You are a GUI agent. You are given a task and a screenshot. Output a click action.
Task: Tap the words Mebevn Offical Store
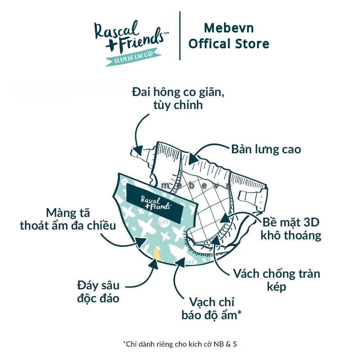(229, 36)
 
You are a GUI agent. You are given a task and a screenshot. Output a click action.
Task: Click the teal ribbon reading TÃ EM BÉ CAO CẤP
(133, 57)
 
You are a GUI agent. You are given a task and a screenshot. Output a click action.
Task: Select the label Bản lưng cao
(266, 149)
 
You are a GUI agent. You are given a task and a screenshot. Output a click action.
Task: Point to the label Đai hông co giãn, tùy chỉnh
(178, 99)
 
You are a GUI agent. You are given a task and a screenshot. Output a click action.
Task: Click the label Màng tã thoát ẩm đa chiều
(68, 219)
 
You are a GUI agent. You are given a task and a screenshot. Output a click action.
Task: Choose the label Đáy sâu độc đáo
(98, 292)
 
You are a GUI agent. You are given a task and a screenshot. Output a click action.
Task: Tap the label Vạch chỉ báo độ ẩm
(211, 309)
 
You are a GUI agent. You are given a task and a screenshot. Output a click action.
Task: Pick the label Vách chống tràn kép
(277, 280)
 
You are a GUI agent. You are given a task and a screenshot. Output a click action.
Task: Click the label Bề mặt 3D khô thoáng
(291, 229)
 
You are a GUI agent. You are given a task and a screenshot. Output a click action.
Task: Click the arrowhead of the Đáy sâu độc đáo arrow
(153, 263)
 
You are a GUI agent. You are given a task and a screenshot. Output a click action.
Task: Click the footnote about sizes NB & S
(180, 344)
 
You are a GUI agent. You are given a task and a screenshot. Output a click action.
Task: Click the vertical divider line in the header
(180, 36)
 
